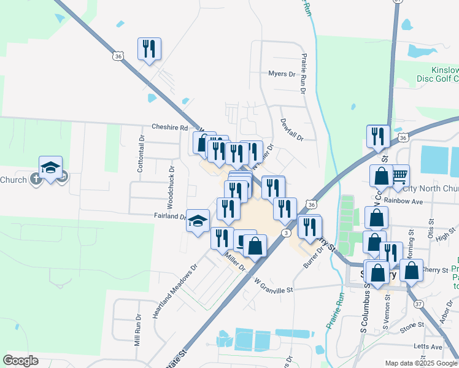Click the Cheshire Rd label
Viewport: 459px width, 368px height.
(x=169, y=128)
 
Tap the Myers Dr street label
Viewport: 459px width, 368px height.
(x=282, y=74)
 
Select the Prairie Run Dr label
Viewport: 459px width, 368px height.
(x=303, y=73)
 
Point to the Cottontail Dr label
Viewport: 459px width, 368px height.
(x=141, y=162)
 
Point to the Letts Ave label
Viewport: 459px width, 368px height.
(x=428, y=347)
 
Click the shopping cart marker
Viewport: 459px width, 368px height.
(x=399, y=175)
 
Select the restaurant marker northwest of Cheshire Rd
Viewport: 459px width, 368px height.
(x=149, y=48)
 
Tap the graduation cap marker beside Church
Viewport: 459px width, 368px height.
(x=51, y=167)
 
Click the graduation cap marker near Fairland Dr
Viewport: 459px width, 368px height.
(x=198, y=221)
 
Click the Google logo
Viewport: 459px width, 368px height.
(x=21, y=361)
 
